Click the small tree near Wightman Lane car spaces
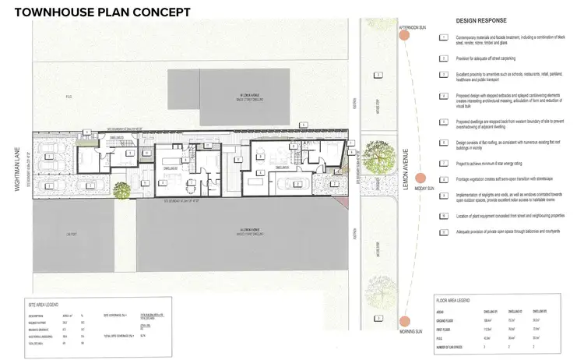click(x=121, y=188)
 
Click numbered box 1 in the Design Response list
click(x=443, y=37)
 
